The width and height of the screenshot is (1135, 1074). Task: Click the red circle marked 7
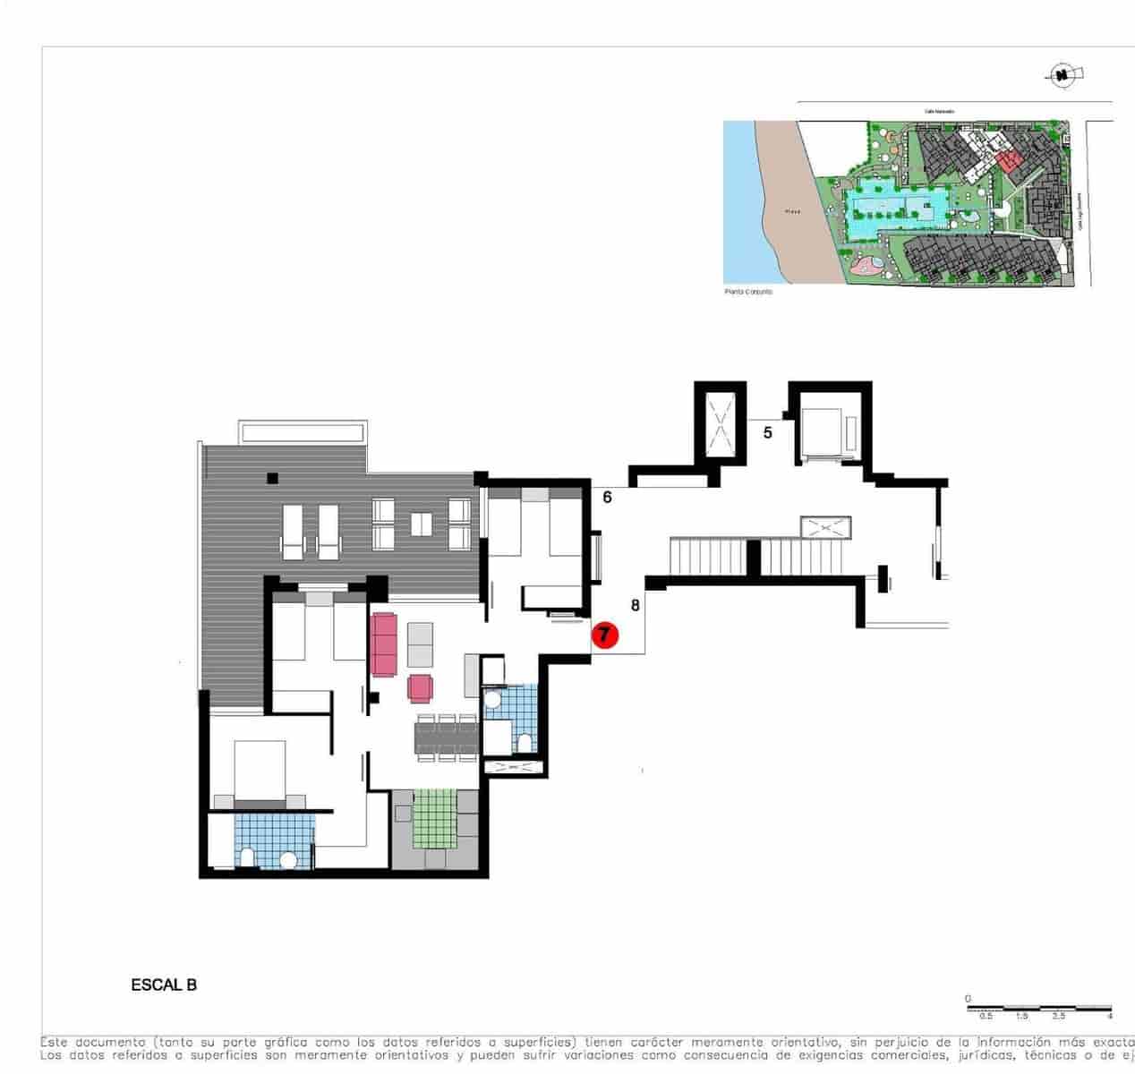tap(605, 635)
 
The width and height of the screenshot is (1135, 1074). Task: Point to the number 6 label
tap(607, 497)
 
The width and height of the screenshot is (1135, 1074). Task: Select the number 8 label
tap(635, 605)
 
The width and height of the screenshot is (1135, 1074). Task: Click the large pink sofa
tap(384, 644)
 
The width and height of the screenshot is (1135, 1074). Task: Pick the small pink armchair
tap(421, 687)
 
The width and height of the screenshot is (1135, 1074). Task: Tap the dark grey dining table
tap(445, 737)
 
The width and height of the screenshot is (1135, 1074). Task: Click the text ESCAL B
tap(164, 985)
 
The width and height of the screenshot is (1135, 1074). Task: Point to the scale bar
tap(1038, 1009)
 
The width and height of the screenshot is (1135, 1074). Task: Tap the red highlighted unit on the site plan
tap(1010, 162)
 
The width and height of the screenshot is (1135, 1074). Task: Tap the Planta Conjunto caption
tap(747, 292)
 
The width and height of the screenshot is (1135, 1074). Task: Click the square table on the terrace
tap(421, 524)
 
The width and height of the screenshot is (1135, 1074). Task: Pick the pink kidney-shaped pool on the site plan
tap(866, 265)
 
